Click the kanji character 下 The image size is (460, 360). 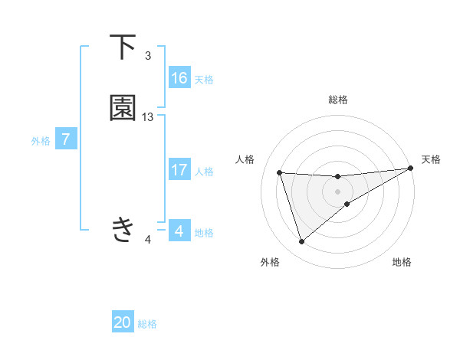click(x=123, y=47)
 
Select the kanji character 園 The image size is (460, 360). click(x=123, y=108)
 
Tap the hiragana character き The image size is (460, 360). click(x=123, y=229)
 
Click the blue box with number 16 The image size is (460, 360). click(x=179, y=77)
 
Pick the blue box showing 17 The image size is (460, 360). click(x=179, y=170)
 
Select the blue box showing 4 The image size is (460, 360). click(x=179, y=231)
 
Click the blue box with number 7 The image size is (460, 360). click(x=66, y=140)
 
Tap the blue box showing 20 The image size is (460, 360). click(x=123, y=322)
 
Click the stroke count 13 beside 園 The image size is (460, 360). click(x=148, y=117)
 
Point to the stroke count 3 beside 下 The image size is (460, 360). click(x=148, y=56)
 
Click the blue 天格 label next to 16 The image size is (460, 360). click(x=204, y=79)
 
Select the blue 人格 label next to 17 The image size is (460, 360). click(x=204, y=172)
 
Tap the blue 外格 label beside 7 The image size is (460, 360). click(x=40, y=141)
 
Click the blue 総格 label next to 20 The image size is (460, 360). click(x=147, y=324)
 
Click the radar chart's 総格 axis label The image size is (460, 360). click(x=338, y=100)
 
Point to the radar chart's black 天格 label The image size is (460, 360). click(x=431, y=159)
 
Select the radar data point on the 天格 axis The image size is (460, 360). click(x=411, y=169)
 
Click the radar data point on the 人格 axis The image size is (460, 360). click(x=280, y=172)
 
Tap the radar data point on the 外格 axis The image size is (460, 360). click(x=301, y=242)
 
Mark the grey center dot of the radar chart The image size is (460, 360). click(x=338, y=192)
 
